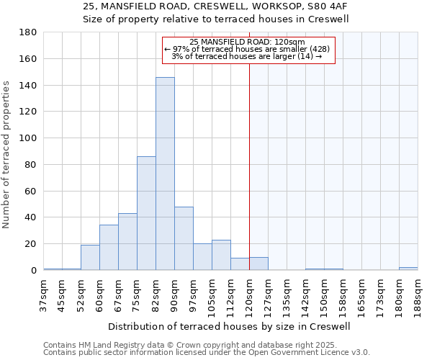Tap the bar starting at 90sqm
184,238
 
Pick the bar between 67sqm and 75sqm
127,241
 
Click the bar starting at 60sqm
109,248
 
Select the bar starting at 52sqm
90,258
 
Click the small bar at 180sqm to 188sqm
408,269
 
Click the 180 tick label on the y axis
28,32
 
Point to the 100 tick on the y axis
28,138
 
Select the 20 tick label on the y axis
31,244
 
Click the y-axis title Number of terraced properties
6,155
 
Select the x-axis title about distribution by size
230,326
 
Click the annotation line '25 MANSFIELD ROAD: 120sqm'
248,42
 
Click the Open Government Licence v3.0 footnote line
207,353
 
